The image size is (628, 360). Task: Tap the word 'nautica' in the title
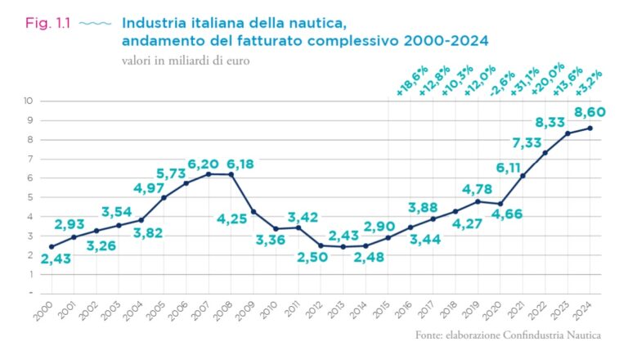point(296,23)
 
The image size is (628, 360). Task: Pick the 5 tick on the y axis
point(29,197)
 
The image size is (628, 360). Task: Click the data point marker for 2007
point(209,173)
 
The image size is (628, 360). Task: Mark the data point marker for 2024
point(590,128)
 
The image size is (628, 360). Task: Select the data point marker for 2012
point(321,245)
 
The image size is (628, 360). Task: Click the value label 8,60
point(589,111)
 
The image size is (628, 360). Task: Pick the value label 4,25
point(232,219)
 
